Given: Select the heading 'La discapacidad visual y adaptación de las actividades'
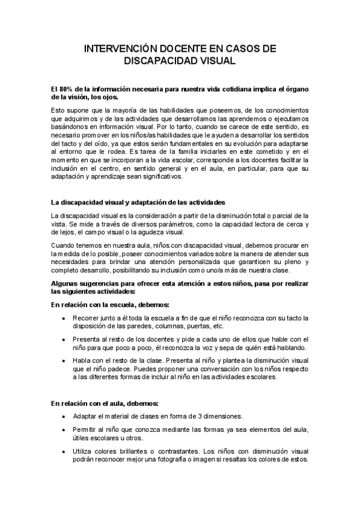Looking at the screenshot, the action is coord(138,201).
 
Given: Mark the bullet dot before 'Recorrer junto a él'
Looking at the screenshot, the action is coord(64,318).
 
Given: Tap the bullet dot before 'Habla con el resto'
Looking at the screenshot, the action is coord(64,361).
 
